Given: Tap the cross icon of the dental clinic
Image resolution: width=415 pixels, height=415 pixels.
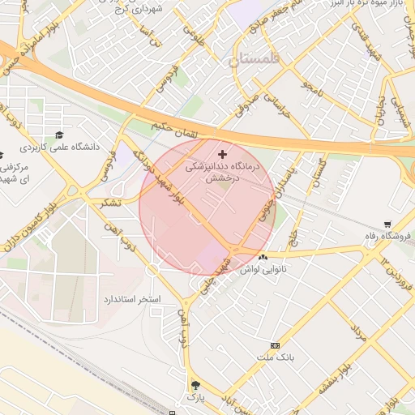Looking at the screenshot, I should (223, 153).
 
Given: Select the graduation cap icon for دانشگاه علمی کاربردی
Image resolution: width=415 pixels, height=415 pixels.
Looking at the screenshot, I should (58, 135).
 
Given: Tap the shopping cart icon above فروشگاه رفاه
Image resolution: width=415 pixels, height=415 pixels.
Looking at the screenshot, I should (388, 224).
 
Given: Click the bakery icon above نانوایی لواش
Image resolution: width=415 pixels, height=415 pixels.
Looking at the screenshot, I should (262, 258).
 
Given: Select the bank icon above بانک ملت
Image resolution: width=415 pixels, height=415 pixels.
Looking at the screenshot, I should (275, 345).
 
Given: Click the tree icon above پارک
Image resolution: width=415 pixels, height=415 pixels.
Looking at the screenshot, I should (194, 385).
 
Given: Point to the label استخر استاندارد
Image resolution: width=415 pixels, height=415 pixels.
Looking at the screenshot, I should (131, 300).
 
